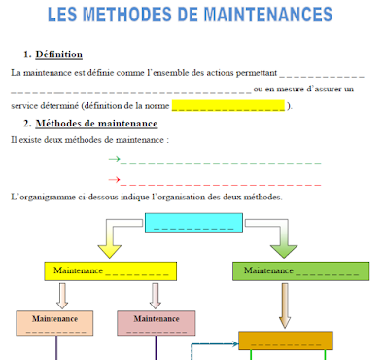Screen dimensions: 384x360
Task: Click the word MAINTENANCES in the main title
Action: click(273, 17)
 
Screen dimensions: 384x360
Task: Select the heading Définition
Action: click(58, 54)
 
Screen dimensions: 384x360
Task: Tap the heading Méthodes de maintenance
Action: click(96, 124)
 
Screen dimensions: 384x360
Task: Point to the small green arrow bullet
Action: click(114, 159)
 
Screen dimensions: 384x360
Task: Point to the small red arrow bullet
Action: click(114, 179)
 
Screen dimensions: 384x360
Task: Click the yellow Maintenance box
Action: click(110, 270)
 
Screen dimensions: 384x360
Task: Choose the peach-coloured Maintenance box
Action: click(54, 322)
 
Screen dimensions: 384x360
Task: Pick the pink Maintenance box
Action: click(156, 322)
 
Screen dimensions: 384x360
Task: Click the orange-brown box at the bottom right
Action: click(286, 340)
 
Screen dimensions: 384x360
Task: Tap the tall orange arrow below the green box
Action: click(285, 306)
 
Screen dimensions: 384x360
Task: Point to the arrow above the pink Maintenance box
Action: click(156, 295)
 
